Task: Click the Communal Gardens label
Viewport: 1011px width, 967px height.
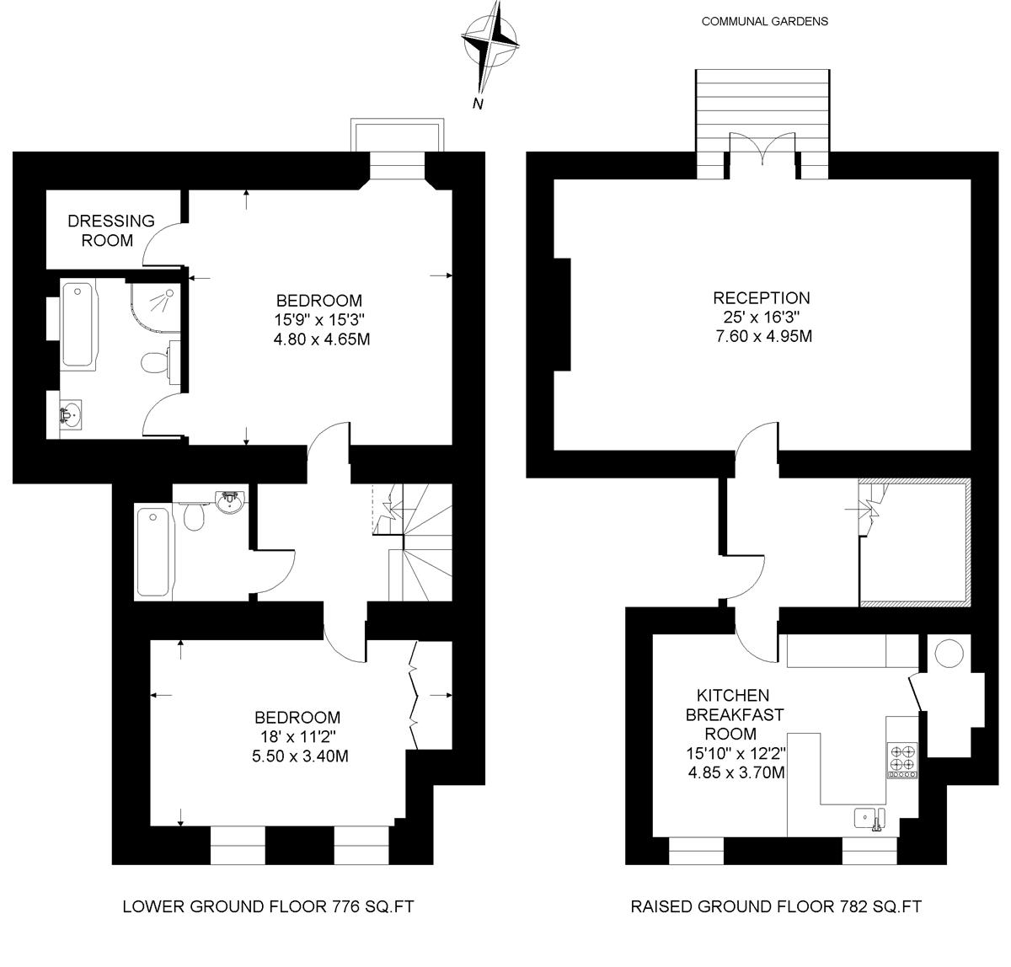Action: pyautogui.click(x=765, y=21)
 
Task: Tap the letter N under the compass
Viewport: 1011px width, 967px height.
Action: pyautogui.click(x=478, y=104)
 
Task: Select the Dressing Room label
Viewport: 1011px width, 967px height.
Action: pyautogui.click(x=110, y=231)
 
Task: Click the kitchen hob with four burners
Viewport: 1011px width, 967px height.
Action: pyautogui.click(x=902, y=760)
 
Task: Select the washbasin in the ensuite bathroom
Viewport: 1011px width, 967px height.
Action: pyautogui.click(x=71, y=414)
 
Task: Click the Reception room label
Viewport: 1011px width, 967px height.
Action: pyautogui.click(x=761, y=297)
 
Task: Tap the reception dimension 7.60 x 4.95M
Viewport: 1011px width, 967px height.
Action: pyautogui.click(x=763, y=336)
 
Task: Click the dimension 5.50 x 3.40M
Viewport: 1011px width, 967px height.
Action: pyautogui.click(x=300, y=756)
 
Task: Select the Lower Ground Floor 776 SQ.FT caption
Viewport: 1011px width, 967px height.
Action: pyautogui.click(x=268, y=906)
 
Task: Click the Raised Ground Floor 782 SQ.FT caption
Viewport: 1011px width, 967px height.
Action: pyautogui.click(x=776, y=906)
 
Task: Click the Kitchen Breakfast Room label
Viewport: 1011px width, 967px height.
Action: pyautogui.click(x=734, y=714)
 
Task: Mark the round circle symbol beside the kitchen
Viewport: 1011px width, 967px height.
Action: pyautogui.click(x=949, y=653)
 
